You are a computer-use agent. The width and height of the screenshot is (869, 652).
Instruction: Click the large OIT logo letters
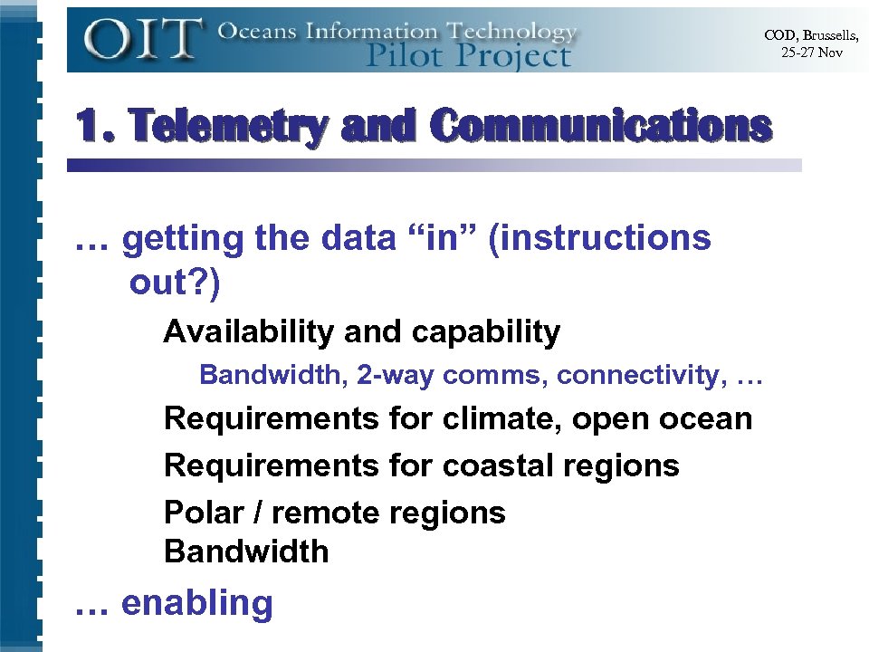[x=142, y=41]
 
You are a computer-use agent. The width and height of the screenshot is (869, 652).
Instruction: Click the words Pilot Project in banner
[x=469, y=55]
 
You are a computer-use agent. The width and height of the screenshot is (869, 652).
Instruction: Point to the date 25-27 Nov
[x=812, y=53]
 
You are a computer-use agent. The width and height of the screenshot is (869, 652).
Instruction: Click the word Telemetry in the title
[x=231, y=128]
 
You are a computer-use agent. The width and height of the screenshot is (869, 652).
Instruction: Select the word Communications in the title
[x=601, y=128]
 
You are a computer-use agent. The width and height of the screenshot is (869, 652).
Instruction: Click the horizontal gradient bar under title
[x=434, y=166]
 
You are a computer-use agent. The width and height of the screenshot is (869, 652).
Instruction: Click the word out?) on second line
[x=174, y=282]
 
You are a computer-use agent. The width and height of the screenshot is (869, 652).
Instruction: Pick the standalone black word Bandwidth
[x=246, y=551]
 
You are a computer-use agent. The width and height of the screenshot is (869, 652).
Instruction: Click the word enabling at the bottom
[x=196, y=603]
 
